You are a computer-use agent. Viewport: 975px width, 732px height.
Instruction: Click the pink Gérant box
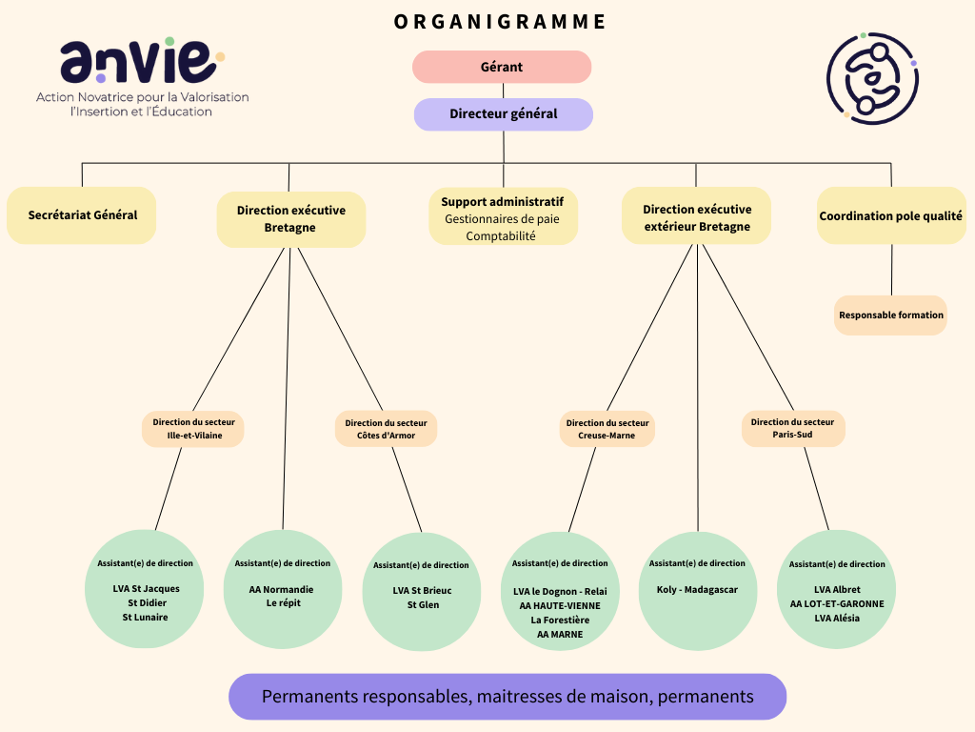(x=502, y=67)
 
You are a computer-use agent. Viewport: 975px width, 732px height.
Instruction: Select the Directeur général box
(x=504, y=114)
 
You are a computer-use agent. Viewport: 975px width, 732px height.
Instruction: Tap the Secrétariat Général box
(x=82, y=215)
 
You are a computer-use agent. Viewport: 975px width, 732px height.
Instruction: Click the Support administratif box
(x=503, y=216)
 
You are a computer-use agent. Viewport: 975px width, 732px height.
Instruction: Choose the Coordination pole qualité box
(x=891, y=215)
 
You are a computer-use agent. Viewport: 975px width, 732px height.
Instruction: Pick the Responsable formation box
(x=890, y=315)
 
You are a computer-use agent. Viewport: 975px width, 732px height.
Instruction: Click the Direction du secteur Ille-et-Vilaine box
(x=192, y=428)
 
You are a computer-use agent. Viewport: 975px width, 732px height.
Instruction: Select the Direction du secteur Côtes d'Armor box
(x=387, y=428)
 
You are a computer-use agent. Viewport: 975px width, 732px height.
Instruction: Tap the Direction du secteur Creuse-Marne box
(x=607, y=428)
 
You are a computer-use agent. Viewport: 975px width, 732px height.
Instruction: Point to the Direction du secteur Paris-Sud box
(x=793, y=428)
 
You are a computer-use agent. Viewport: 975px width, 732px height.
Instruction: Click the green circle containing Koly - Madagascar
(x=698, y=591)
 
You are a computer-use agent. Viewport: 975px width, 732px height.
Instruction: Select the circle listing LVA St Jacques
(x=145, y=589)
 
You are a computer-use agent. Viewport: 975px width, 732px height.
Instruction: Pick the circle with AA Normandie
(x=283, y=589)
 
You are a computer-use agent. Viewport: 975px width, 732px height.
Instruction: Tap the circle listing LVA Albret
(x=836, y=589)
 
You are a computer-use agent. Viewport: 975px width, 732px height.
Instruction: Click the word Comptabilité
(x=501, y=236)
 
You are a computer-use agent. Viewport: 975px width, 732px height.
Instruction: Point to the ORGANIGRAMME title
(x=500, y=22)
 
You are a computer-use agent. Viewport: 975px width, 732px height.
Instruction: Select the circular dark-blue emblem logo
(x=872, y=78)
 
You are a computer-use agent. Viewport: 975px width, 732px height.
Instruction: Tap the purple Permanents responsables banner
(x=507, y=697)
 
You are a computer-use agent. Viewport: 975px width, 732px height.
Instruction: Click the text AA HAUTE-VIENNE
(x=560, y=605)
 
